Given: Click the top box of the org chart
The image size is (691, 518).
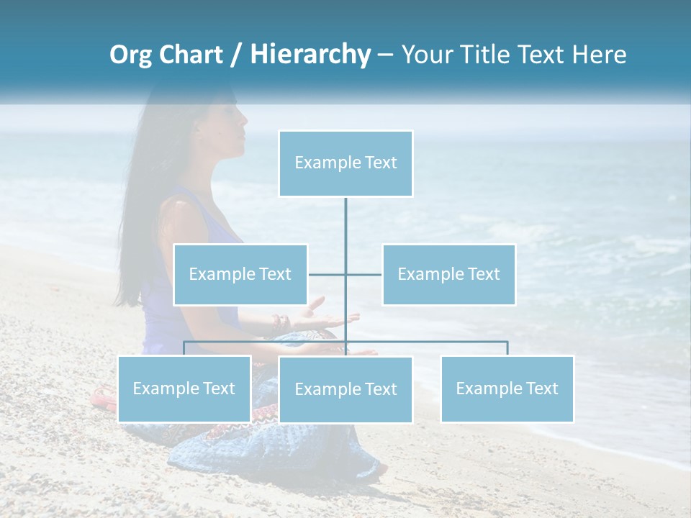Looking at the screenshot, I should (x=345, y=163).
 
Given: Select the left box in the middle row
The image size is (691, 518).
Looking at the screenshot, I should (x=240, y=274).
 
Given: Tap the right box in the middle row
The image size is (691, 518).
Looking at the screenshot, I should (x=448, y=274).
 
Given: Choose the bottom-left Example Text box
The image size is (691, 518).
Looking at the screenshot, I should (x=184, y=388).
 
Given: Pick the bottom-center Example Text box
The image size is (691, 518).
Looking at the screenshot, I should (x=345, y=389).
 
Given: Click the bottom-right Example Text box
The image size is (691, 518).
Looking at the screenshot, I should (x=507, y=388).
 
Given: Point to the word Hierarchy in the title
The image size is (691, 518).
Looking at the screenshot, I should (x=310, y=55).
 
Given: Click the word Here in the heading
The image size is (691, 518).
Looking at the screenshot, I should (x=599, y=55).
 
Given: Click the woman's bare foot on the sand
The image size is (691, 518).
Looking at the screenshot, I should (x=381, y=469).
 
